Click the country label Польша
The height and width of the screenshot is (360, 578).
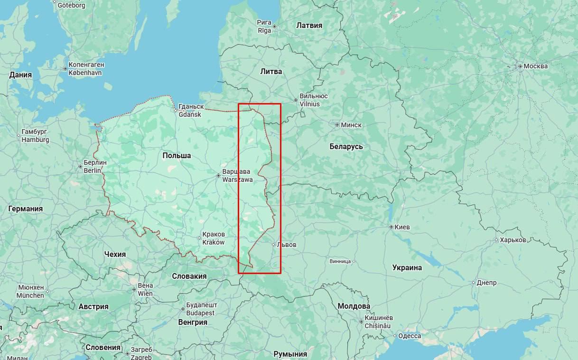pos(177,155)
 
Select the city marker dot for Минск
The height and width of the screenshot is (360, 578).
pos(337,125)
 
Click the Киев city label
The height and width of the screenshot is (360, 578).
pos(402,227)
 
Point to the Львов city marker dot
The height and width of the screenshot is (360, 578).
pos(273,245)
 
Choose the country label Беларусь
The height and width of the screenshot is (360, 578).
pos(346,146)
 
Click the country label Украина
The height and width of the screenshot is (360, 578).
pos(407,267)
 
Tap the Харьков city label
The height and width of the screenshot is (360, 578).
pos(513,240)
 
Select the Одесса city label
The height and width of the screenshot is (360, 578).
pos(410,336)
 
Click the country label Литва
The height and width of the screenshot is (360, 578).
pos(271,71)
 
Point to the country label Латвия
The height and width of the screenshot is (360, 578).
pos(309,25)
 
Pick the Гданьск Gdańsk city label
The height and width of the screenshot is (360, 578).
pos(191,111)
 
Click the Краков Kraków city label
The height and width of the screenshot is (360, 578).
pos(213,238)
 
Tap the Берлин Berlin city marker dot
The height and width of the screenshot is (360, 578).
pos(80,166)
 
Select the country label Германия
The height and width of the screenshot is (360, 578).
pos(25,208)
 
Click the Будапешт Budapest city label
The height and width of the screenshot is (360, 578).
pos(202,309)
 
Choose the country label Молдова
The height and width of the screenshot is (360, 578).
pos(354,306)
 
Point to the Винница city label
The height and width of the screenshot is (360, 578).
pos(340,261)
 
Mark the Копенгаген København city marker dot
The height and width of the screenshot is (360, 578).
pos(65,69)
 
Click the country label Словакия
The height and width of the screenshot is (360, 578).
pos(189,276)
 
